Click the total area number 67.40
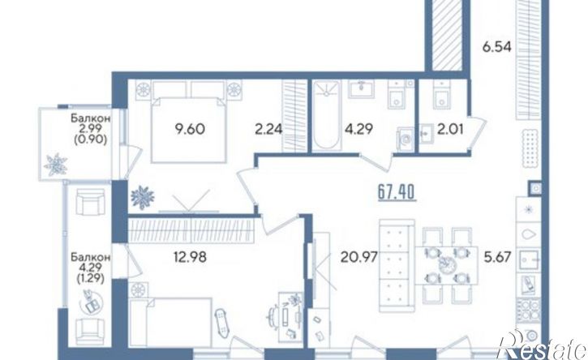click(x=397, y=193)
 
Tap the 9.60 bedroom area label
click(x=190, y=129)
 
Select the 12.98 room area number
click(x=190, y=257)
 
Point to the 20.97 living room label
click(x=358, y=257)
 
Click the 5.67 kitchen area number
click(x=497, y=257)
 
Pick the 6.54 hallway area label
click(x=497, y=48)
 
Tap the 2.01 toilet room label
click(x=450, y=130)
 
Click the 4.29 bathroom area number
click(x=358, y=130)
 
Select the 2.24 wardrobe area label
click(x=268, y=130)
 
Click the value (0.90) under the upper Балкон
click(x=91, y=140)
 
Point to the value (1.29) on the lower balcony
click(x=91, y=279)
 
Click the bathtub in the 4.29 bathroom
click(x=326, y=115)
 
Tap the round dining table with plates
click(x=446, y=265)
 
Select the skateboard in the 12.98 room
click(x=221, y=321)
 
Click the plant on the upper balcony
click(x=56, y=165)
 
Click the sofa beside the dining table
click(x=397, y=265)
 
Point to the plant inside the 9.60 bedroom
click(x=143, y=197)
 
